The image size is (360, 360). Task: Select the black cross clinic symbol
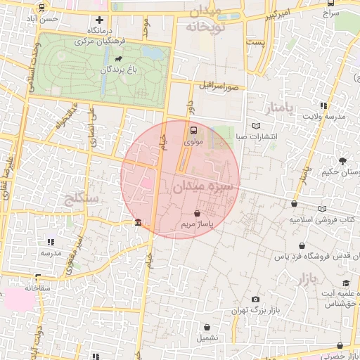coord(99,20)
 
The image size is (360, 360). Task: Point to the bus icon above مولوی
coord(193,130)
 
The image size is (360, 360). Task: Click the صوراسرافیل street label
coord(219,86)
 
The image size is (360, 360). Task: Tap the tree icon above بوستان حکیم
coord(342,160)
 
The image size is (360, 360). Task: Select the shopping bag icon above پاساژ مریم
coord(196,213)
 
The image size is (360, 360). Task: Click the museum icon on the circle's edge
coord(137,223)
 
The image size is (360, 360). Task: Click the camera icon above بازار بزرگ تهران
coord(255,300)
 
